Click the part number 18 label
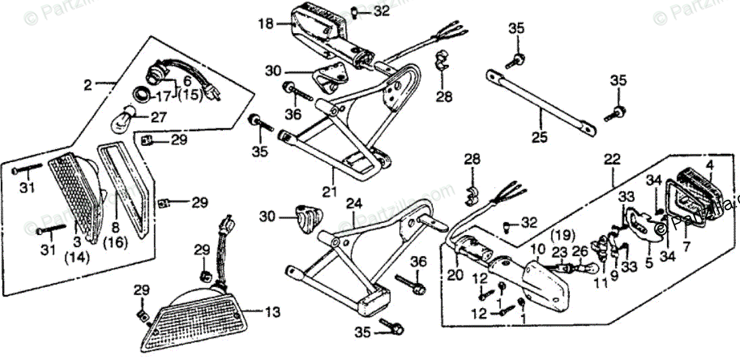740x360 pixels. (x=265, y=24)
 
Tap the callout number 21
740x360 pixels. (x=329, y=192)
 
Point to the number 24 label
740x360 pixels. (x=354, y=203)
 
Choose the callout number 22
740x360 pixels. (x=611, y=161)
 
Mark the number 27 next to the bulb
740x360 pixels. (x=158, y=117)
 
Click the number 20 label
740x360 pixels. (x=455, y=275)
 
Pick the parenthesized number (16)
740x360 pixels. (x=115, y=242)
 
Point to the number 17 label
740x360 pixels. (x=163, y=95)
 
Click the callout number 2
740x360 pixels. (x=87, y=86)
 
